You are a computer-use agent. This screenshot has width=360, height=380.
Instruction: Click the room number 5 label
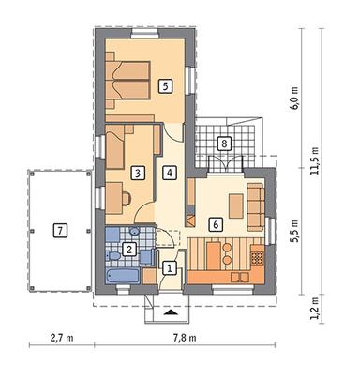(165, 85)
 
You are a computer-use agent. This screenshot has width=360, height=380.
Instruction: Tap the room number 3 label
(139, 173)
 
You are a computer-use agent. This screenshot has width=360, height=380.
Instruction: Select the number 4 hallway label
(170, 173)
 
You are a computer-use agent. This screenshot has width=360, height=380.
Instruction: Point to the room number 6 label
(216, 224)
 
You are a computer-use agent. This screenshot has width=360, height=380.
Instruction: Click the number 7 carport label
(60, 231)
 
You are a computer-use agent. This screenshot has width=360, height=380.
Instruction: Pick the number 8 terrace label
(224, 144)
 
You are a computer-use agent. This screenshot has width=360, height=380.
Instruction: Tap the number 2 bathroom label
(129, 250)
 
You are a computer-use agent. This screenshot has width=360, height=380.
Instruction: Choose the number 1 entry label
(170, 268)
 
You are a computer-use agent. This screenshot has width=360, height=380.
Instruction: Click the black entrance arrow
(170, 312)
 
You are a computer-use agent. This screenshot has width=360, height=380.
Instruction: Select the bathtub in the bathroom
(123, 276)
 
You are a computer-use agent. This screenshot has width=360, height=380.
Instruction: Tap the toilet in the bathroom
(112, 256)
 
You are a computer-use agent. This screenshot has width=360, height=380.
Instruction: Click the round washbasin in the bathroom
(134, 232)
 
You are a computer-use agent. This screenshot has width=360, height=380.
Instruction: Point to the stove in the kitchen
(258, 257)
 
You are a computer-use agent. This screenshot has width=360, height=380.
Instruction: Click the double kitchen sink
(240, 277)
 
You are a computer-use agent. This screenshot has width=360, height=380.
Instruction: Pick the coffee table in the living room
(236, 205)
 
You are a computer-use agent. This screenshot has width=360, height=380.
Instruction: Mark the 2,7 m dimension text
(62, 338)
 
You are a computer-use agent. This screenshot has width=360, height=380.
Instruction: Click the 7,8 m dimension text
(185, 338)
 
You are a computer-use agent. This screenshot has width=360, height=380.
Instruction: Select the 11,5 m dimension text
(315, 160)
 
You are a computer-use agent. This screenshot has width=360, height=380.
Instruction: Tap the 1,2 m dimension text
(315, 308)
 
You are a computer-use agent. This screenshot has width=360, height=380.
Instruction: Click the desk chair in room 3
(127, 198)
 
